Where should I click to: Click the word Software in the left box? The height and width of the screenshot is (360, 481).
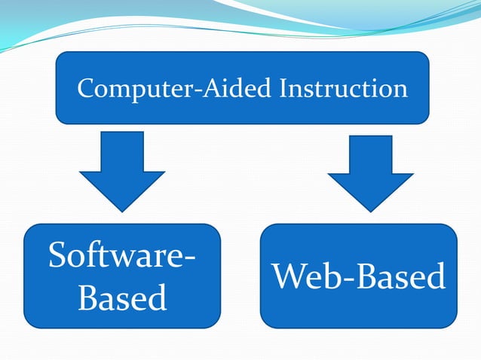(113, 256)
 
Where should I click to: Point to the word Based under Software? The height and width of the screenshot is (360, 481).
(122, 298)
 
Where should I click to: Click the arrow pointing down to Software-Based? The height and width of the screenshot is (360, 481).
(122, 169)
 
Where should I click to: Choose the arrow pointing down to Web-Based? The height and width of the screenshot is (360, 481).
(370, 172)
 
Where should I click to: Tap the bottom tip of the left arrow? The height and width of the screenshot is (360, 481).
(122, 211)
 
